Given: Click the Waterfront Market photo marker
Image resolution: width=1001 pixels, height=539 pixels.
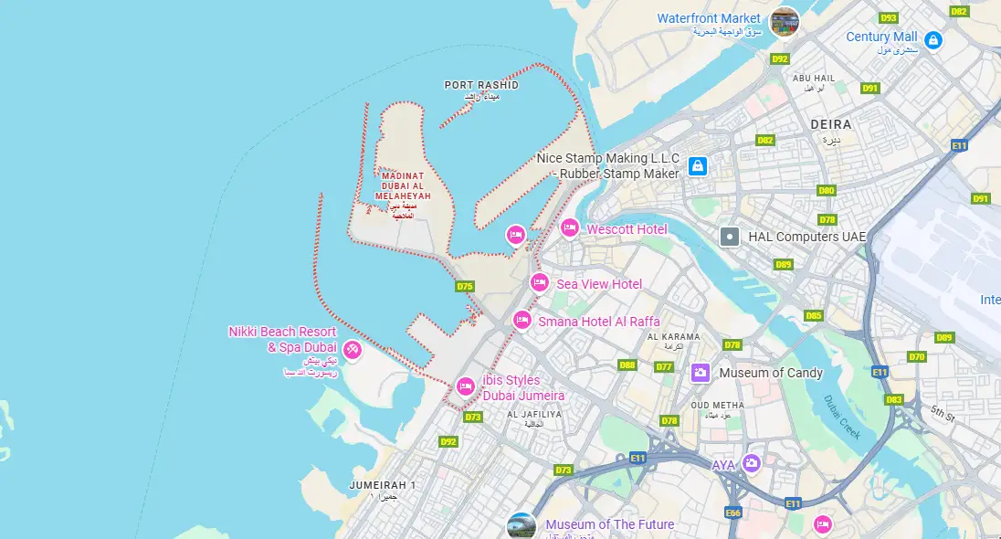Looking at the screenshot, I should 784,22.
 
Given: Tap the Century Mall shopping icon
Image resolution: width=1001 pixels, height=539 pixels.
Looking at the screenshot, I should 933,40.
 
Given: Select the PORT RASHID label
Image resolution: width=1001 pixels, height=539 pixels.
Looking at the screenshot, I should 481,85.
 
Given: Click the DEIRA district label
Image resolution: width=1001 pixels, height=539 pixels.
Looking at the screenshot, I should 830,124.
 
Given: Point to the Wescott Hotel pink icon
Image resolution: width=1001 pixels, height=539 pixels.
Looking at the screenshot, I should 570,227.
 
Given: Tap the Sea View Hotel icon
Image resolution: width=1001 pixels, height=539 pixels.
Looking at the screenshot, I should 540,282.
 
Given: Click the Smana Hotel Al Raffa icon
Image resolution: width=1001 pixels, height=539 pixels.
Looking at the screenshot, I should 522,320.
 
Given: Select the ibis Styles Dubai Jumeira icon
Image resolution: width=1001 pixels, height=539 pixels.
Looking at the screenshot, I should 465,386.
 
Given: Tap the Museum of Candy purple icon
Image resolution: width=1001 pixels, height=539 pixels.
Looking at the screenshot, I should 701,372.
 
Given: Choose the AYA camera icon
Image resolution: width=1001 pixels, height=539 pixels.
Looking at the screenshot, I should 751,463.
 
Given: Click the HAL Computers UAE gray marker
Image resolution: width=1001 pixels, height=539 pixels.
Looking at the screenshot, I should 729,237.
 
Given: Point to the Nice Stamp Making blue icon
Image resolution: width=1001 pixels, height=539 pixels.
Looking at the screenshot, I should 698,165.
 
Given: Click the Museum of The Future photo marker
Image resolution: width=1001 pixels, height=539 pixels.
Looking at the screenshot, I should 522,526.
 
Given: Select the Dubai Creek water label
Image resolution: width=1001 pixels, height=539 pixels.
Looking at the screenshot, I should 842,417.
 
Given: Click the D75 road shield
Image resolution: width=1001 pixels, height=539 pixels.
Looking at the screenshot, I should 465,287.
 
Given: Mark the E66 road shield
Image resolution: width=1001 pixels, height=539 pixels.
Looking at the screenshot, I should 732,513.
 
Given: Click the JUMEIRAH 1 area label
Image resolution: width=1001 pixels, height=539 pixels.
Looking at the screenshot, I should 383,485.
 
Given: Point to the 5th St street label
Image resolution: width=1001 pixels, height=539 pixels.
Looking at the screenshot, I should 943,417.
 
